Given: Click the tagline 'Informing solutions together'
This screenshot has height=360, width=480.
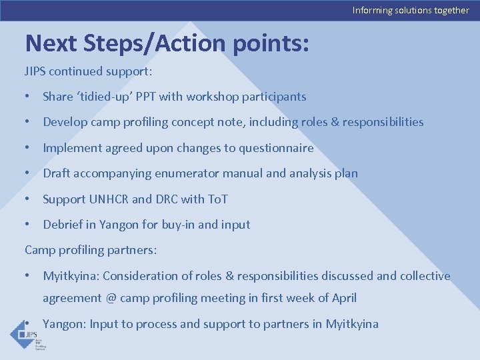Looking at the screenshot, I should (411, 10).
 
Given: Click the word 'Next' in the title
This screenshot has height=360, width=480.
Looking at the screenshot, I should (52, 43).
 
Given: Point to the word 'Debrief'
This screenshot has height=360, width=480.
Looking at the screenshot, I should (63, 225).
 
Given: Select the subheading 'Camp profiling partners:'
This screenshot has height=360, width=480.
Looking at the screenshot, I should (91, 250).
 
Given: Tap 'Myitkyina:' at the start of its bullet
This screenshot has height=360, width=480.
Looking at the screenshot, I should (71, 276).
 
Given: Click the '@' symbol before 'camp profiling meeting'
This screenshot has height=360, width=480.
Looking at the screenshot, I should (111, 298).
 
